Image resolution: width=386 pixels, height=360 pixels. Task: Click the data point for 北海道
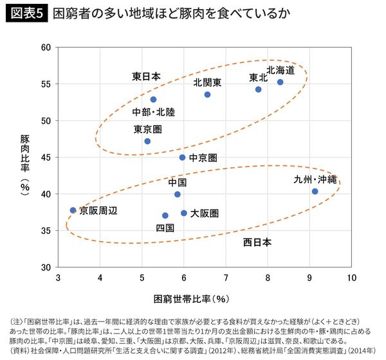tap(280, 82)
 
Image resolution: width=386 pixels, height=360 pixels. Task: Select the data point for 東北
tap(259, 89)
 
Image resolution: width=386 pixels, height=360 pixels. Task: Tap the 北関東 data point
tap(207, 94)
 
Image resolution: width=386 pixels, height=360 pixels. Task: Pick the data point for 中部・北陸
tap(153, 100)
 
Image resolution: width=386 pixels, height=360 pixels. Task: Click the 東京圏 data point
tap(147, 141)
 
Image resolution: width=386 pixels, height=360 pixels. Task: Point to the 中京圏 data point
tap(182, 157)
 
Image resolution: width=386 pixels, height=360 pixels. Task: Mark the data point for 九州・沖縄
tap(315, 192)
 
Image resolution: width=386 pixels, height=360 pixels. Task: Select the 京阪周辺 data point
tap(73, 210)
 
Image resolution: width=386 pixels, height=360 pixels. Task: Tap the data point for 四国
tap(165, 216)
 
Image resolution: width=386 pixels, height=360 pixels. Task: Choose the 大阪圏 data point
tap(184, 213)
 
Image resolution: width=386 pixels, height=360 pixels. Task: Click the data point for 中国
tap(178, 194)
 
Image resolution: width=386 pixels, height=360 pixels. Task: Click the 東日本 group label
tap(146, 76)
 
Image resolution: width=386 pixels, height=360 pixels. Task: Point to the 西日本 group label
tap(257, 242)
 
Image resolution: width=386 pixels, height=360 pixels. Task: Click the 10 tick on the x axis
tap(352, 278)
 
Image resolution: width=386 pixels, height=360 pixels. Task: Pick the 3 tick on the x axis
tap(59, 278)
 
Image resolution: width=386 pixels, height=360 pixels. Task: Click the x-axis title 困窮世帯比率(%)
tap(192, 299)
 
